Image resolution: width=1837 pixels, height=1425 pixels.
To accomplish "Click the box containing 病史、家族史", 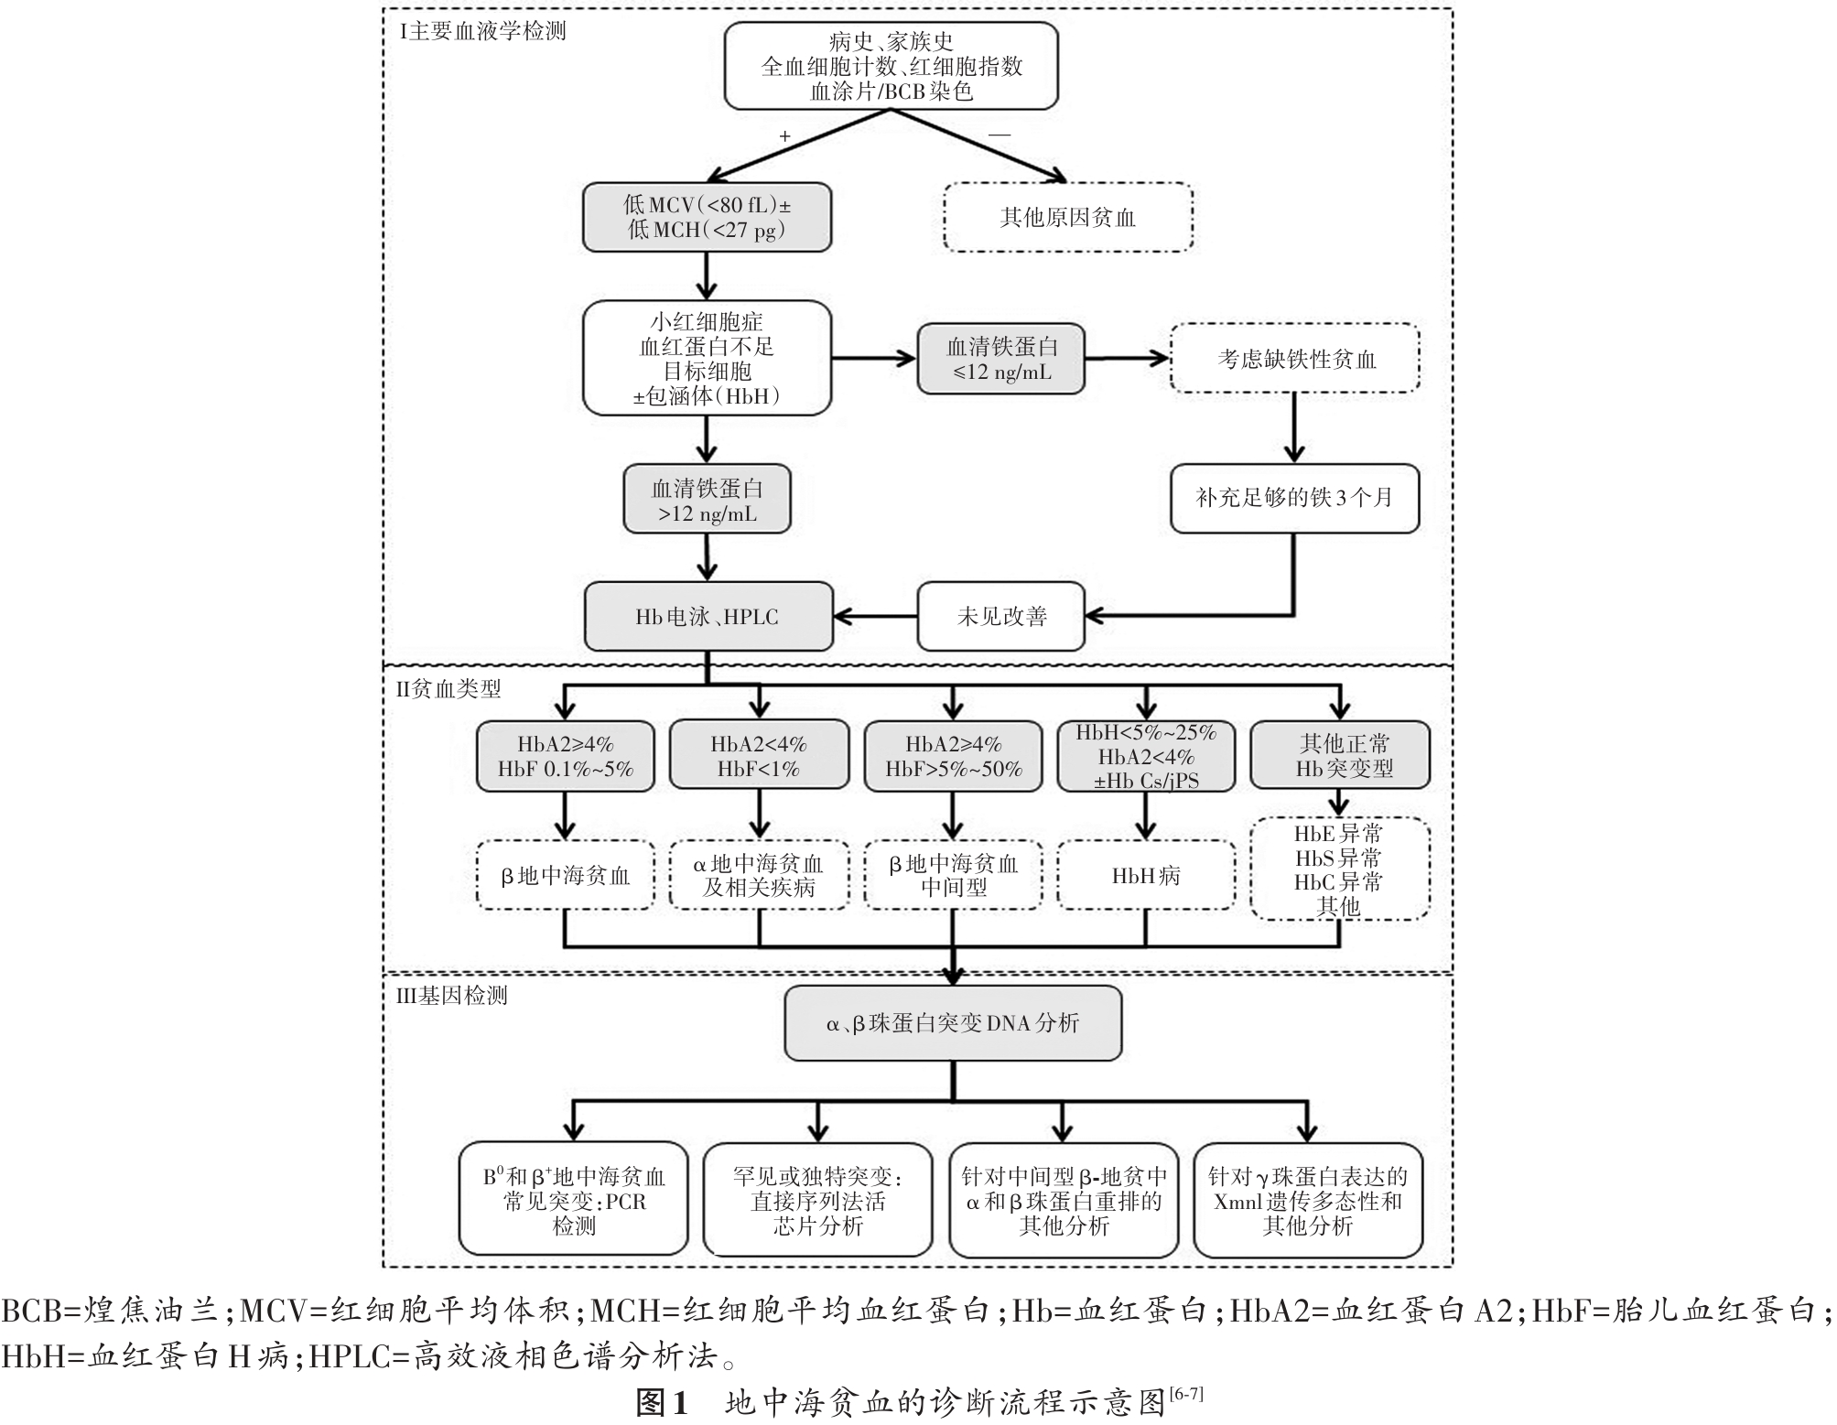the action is pyautogui.click(x=891, y=66).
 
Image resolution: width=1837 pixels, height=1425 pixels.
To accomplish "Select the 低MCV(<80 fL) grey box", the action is pyautogui.click(x=707, y=218).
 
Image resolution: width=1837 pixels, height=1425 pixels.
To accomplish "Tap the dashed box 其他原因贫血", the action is pyautogui.click(x=1068, y=218).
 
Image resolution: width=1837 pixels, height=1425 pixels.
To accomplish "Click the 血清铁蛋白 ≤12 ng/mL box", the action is pyautogui.click(x=1001, y=359).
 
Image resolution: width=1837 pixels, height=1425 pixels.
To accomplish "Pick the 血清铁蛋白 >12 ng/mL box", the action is pyautogui.click(x=707, y=500).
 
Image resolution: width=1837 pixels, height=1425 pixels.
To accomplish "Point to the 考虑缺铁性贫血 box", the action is pyautogui.click(x=1295, y=359).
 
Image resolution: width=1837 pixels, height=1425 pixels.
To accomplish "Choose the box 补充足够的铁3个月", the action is pyautogui.click(x=1295, y=499).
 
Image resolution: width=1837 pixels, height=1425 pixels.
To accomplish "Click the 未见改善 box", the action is pyautogui.click(x=1001, y=617).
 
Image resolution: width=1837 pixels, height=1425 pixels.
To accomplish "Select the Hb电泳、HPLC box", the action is pyautogui.click(x=708, y=617).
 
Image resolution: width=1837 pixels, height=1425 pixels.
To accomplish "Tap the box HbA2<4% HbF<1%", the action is pyautogui.click(x=760, y=756).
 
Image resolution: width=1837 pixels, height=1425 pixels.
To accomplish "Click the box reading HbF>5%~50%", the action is pyautogui.click(x=954, y=756).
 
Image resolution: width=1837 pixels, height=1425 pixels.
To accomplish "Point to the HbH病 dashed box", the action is pyautogui.click(x=1146, y=876).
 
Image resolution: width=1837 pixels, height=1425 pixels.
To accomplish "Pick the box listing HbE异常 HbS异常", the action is pyautogui.click(x=1340, y=869).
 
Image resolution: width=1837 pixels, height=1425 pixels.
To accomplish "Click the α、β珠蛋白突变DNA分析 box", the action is pyautogui.click(x=953, y=1023).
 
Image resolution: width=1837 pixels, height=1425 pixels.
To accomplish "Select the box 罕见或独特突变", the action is pyautogui.click(x=818, y=1200).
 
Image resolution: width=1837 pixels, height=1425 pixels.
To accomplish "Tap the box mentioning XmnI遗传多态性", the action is pyautogui.click(x=1309, y=1200).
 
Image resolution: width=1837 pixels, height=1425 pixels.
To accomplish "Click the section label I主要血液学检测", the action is pyautogui.click(x=482, y=31).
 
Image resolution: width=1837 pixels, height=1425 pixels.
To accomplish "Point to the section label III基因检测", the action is pyautogui.click(x=452, y=996).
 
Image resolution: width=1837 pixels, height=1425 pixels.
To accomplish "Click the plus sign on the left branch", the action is pyautogui.click(x=784, y=135).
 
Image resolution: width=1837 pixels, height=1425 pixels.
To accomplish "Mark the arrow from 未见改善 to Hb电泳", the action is pyautogui.click(x=876, y=617).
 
